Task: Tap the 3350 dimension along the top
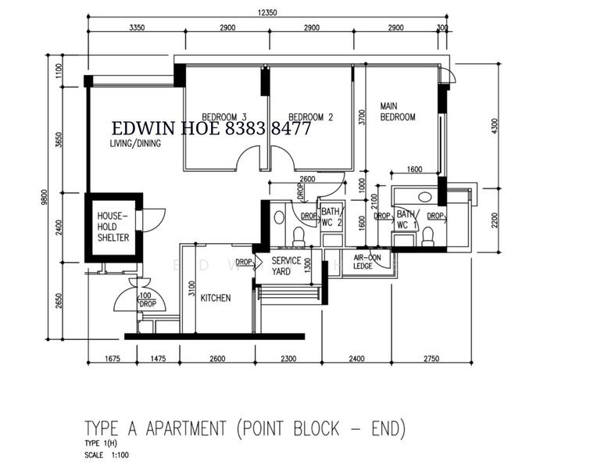coord(138,27)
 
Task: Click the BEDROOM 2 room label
coord(310,117)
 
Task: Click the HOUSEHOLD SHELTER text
coord(113,227)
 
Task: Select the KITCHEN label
coord(215,298)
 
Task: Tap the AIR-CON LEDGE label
coord(367,261)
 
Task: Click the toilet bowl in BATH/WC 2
coord(297,235)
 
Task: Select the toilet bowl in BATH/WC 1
coord(427,236)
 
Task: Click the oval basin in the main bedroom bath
coord(425,197)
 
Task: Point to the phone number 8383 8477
coord(269,129)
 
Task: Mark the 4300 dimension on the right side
coord(493,125)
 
